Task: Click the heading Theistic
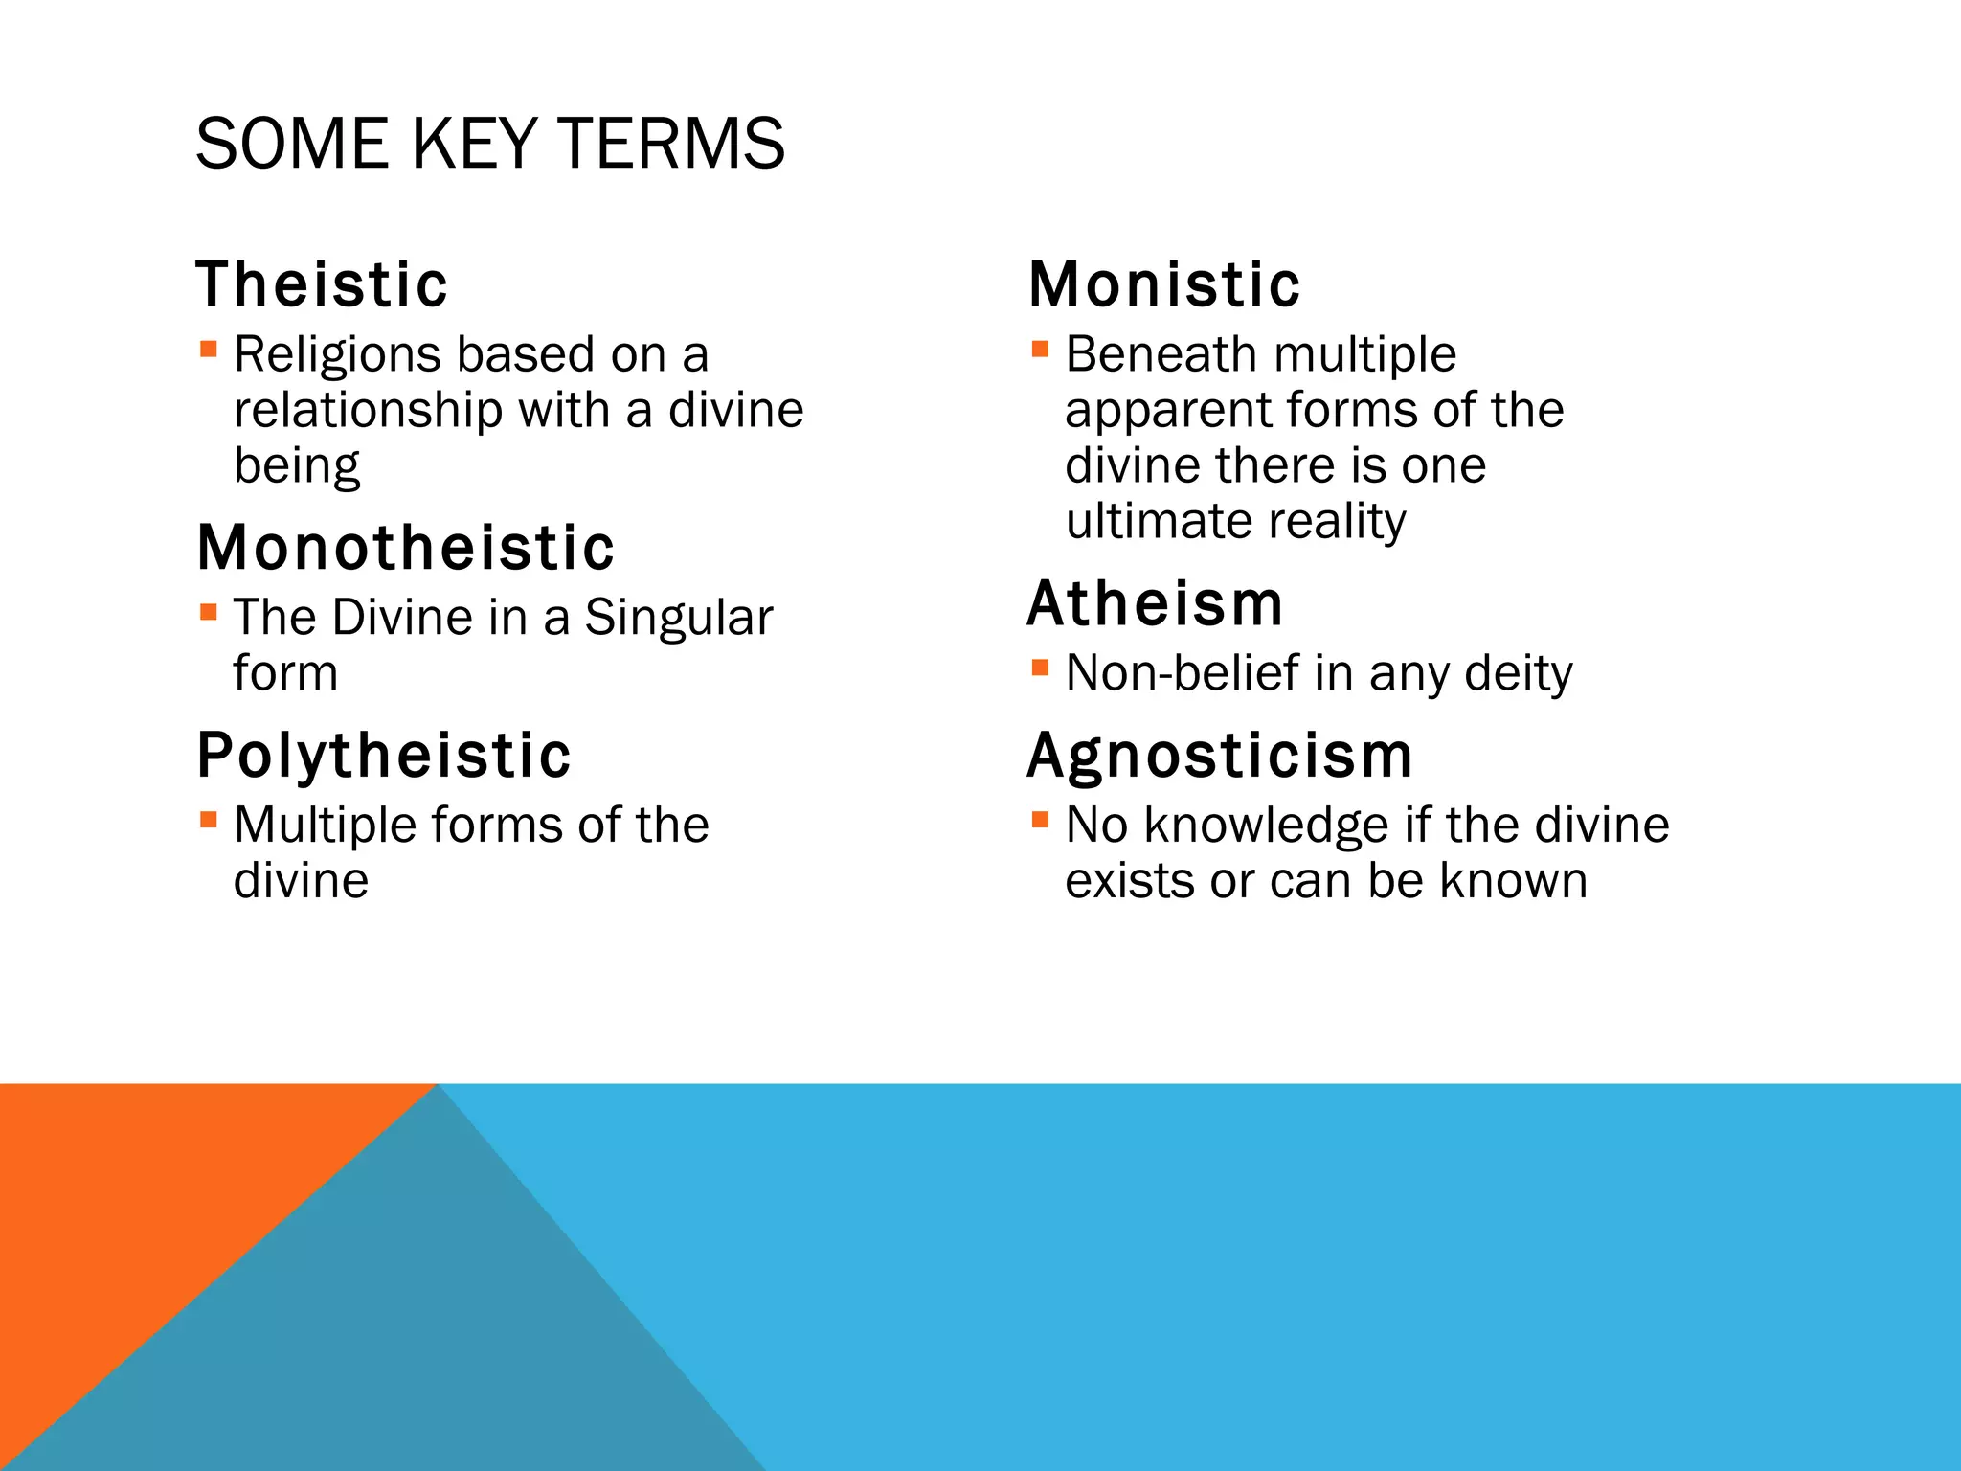coord(322,284)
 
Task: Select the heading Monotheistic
coord(405,548)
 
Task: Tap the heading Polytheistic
coord(383,756)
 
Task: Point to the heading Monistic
coord(1164,284)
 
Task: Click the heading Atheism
coord(1155,604)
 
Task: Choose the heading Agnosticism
coord(1220,756)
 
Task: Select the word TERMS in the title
coord(670,144)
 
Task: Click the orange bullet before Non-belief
coord(1040,667)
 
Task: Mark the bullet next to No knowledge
coord(1040,819)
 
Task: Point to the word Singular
coord(678,618)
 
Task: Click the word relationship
coord(368,411)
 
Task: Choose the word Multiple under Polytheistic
coord(322,825)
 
